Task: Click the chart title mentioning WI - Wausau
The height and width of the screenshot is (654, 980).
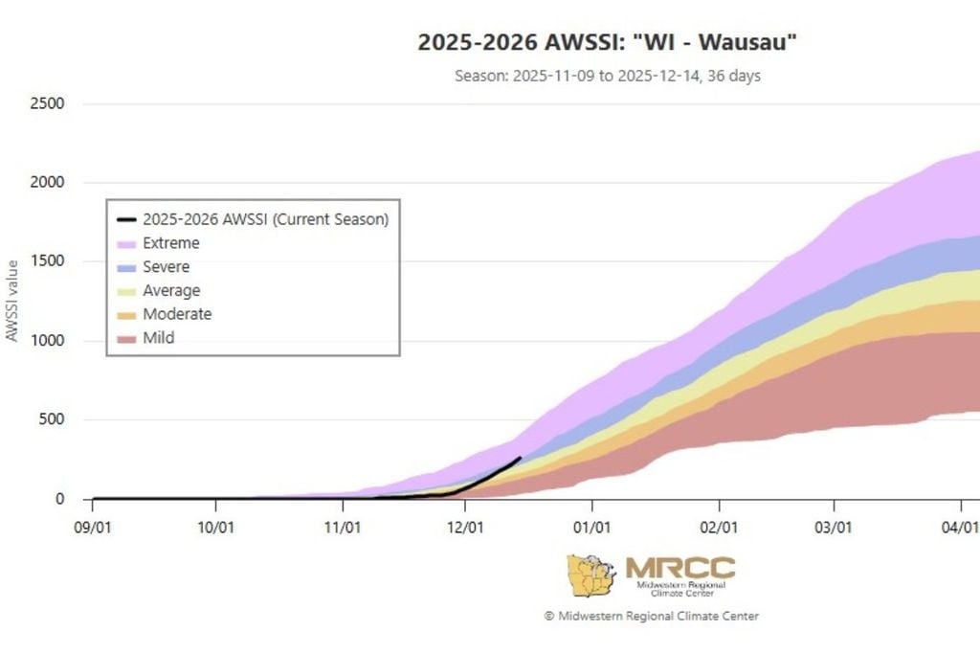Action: point(608,42)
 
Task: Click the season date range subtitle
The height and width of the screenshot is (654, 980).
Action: point(608,76)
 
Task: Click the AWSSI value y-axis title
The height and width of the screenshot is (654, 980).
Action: point(12,301)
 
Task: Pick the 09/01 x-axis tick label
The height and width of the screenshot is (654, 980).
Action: point(93,527)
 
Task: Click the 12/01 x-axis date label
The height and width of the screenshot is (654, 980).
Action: point(465,527)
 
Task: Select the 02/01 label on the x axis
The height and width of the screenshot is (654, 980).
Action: point(719,527)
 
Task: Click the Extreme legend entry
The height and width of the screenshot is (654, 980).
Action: point(170,243)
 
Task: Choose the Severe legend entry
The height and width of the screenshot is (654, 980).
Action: point(166,267)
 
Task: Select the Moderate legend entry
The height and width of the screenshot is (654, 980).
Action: point(176,314)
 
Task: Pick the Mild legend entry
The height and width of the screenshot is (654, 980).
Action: point(158,338)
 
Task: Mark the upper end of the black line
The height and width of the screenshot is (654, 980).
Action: point(520,458)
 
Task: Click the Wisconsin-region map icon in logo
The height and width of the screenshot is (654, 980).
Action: point(590,575)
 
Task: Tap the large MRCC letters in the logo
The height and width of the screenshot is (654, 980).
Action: point(679,567)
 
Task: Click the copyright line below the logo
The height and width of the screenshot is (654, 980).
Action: point(651,616)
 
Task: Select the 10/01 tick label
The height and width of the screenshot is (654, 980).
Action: point(216,527)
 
